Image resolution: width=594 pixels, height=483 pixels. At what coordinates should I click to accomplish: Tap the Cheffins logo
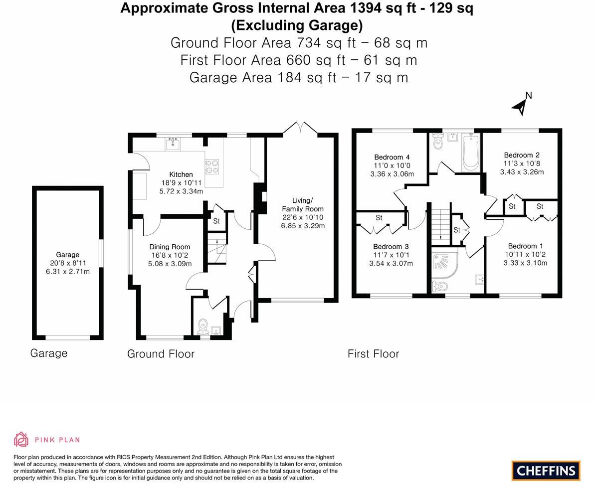pyautogui.click(x=546, y=471)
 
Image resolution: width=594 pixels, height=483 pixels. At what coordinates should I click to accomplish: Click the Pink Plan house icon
pyautogui.click(x=21, y=439)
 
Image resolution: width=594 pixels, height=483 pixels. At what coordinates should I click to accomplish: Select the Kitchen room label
pyautogui.click(x=181, y=174)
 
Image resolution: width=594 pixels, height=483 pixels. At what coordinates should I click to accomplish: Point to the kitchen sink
pyautogui.click(x=173, y=144)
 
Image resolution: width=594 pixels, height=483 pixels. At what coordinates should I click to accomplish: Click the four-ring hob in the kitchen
pyautogui.click(x=212, y=166)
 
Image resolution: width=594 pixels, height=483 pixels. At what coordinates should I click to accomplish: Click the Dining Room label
pyautogui.click(x=170, y=247)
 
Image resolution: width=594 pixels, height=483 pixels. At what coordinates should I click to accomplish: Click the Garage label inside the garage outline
pyautogui.click(x=67, y=255)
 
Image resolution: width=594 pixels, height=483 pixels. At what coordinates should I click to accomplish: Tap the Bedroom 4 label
pyautogui.click(x=392, y=157)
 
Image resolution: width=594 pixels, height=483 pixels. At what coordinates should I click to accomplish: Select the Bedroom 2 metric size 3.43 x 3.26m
pyautogui.click(x=522, y=172)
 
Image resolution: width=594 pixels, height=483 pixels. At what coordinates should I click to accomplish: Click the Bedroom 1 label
pyautogui.click(x=525, y=246)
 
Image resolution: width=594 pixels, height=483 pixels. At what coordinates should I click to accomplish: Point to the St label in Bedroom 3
pyautogui.click(x=379, y=218)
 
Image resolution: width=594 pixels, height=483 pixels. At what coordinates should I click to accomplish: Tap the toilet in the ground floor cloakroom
pyautogui.click(x=202, y=326)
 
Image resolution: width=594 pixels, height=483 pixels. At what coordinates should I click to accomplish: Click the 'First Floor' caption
pyautogui.click(x=373, y=354)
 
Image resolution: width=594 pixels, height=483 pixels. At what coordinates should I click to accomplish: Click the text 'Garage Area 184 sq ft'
pyautogui.click(x=263, y=78)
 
